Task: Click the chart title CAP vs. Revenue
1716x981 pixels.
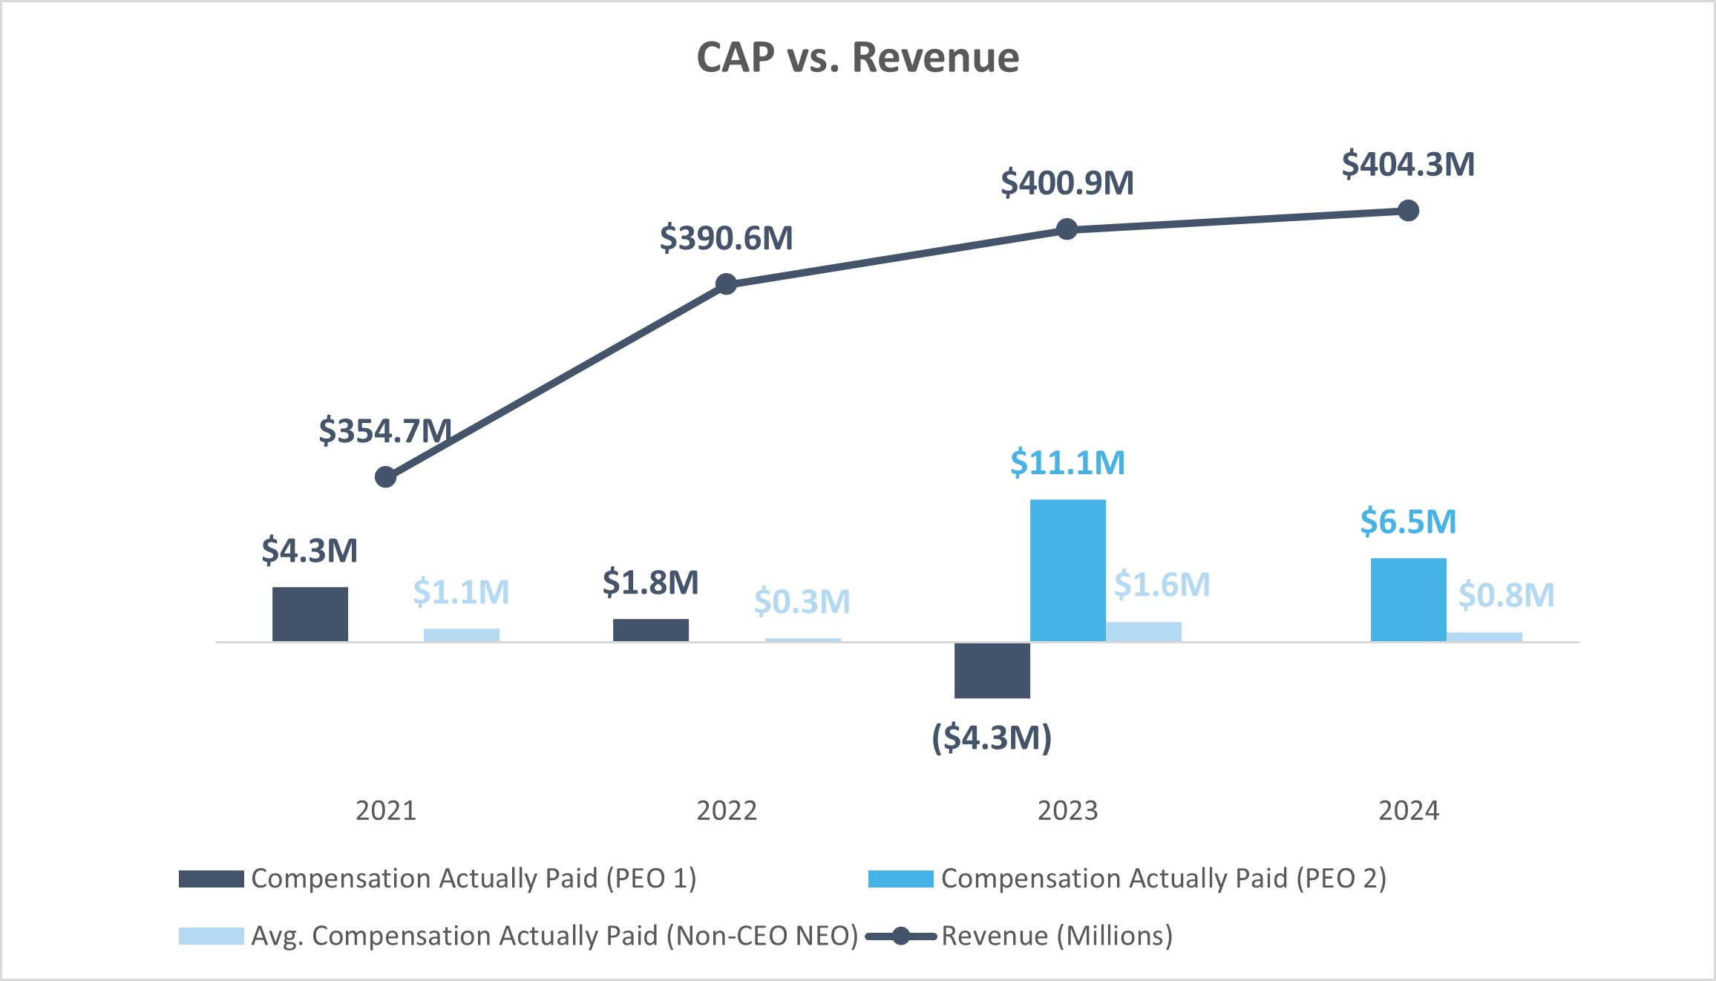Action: tap(857, 58)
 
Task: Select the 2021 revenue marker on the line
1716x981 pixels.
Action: tap(385, 476)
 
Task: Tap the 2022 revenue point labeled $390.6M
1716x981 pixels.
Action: tap(726, 284)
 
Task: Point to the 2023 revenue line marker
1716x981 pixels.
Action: tap(1067, 229)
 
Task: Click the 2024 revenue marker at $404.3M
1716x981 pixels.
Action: tap(1408, 211)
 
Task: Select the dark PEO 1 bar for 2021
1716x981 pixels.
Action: tap(310, 614)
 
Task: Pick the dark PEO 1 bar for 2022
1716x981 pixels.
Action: tap(650, 630)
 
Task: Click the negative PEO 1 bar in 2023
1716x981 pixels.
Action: tap(992, 670)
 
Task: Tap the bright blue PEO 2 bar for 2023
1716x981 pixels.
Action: tap(1067, 570)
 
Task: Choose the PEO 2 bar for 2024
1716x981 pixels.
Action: tap(1408, 600)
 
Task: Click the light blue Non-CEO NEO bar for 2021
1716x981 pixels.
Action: tap(461, 635)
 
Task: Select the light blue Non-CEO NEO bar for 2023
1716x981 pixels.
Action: tap(1143, 631)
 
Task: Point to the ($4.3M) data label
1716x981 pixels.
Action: tap(992, 738)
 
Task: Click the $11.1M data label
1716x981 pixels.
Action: tap(1067, 463)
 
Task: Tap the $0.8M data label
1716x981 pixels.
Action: tap(1506, 595)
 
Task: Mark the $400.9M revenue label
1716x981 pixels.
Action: tap(1067, 183)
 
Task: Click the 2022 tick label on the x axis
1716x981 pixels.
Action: tap(726, 810)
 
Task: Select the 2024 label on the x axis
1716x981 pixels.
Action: tap(1408, 810)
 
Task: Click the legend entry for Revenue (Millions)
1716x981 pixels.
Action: tap(1056, 936)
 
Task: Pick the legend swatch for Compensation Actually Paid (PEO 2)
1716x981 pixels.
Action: tap(900, 879)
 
